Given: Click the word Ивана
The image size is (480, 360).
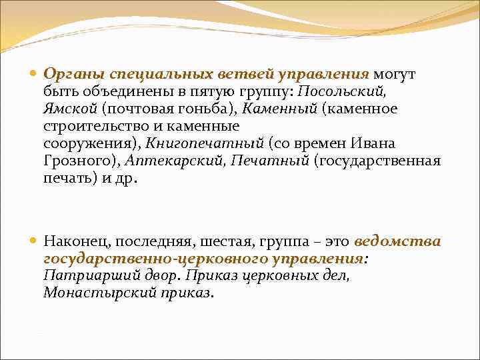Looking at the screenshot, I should click(x=376, y=143).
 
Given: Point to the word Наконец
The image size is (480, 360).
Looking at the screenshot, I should click(x=73, y=241).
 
